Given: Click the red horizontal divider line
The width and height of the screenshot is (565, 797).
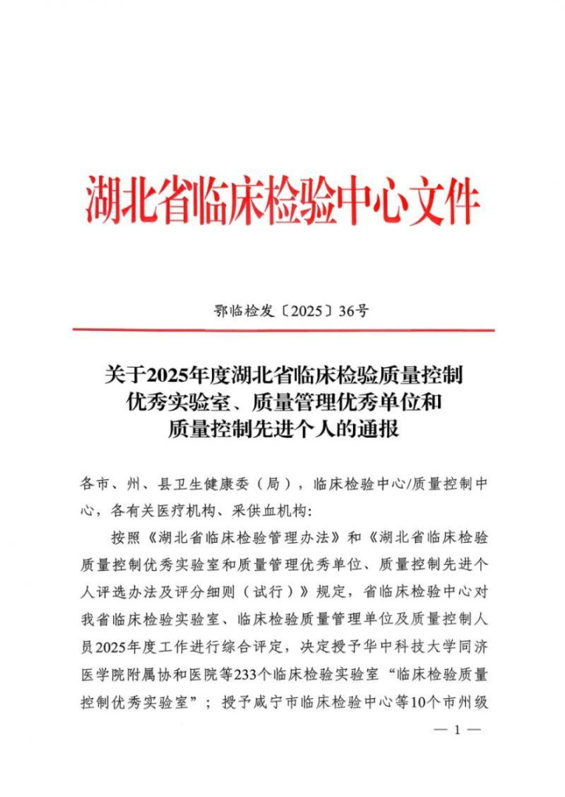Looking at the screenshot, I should click(282, 329).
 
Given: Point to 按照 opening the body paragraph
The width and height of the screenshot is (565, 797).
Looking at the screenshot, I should click(123, 537).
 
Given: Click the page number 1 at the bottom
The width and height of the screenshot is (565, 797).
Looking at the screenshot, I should click(457, 731).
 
